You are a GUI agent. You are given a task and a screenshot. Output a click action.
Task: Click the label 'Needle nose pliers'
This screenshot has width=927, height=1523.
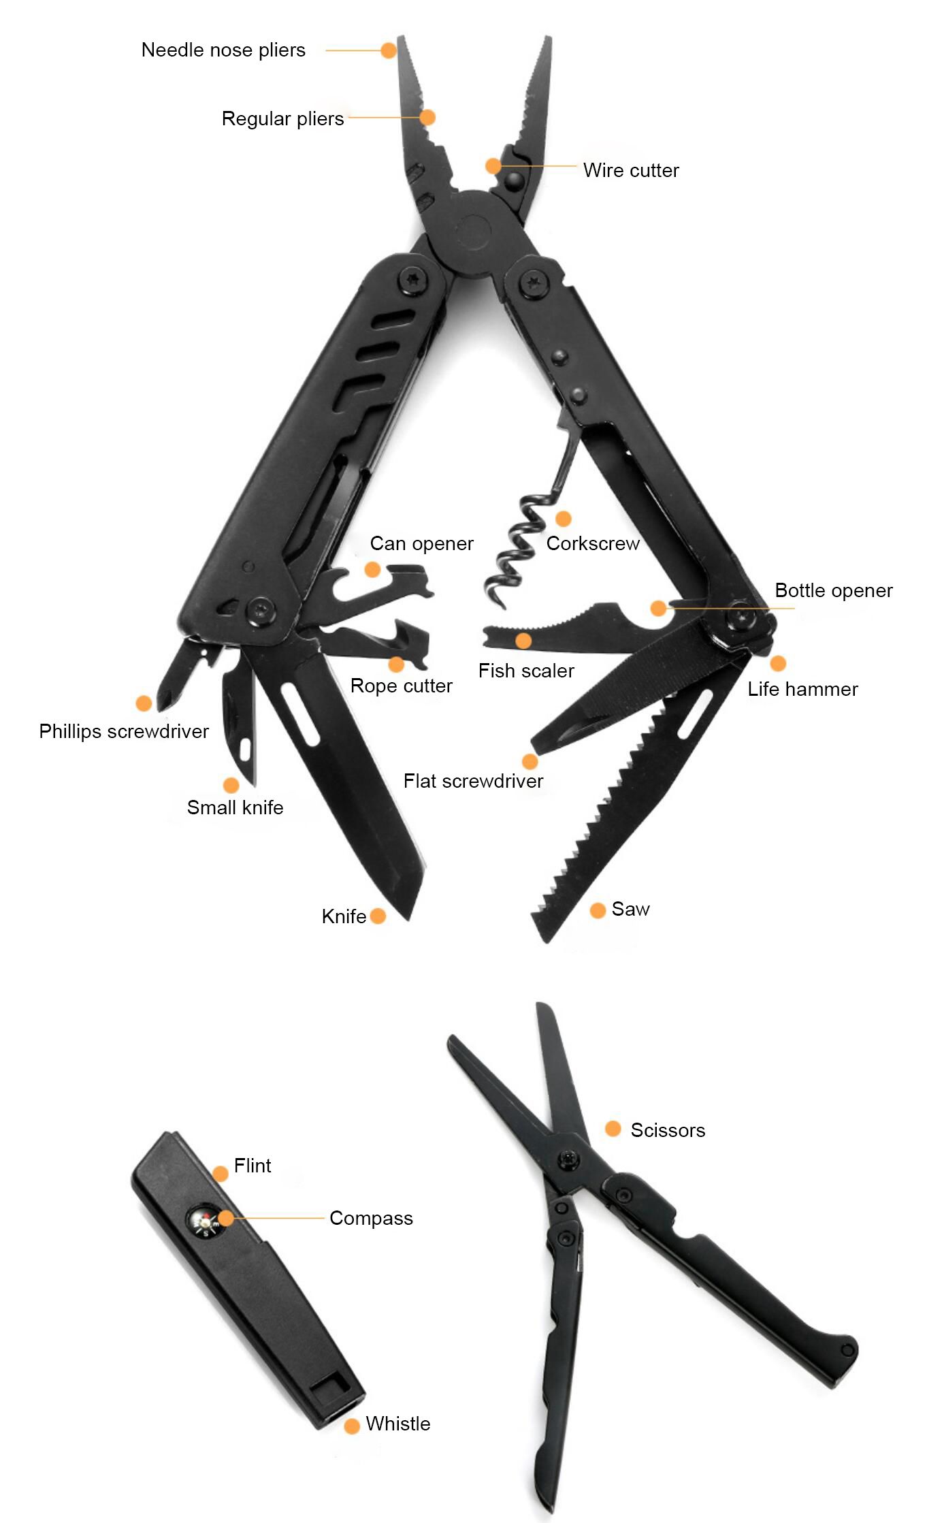click(x=223, y=50)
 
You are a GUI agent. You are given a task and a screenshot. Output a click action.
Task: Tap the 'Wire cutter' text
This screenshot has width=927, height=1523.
click(x=631, y=170)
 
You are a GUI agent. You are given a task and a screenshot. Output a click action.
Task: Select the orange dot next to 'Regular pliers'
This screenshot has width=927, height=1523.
click(x=427, y=118)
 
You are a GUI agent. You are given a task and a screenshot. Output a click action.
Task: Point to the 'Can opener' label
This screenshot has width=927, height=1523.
click(x=421, y=544)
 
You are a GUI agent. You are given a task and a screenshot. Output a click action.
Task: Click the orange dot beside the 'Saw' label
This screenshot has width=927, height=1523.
click(x=598, y=910)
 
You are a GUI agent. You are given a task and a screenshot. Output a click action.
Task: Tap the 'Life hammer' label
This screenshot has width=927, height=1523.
click(x=802, y=689)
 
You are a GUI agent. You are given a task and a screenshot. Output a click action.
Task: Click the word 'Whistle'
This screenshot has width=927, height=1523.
click(x=398, y=1424)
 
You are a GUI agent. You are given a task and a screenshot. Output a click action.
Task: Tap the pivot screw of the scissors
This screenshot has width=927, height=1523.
click(x=568, y=1158)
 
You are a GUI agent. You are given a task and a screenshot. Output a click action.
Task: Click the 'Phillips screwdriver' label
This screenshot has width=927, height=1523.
click(x=124, y=732)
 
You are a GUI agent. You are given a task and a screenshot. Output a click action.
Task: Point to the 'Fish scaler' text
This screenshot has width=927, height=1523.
click(x=526, y=671)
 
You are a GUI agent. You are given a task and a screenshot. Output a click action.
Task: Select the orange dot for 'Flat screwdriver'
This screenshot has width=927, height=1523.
click(x=530, y=762)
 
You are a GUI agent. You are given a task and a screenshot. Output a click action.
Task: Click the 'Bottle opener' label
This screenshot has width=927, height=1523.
click(x=834, y=591)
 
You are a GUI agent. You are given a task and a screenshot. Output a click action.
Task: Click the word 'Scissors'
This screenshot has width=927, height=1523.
click(x=668, y=1130)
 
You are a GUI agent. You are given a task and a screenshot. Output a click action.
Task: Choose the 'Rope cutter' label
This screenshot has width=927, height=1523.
click(x=401, y=686)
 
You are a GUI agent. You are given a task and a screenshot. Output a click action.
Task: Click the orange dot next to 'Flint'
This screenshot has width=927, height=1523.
click(x=221, y=1173)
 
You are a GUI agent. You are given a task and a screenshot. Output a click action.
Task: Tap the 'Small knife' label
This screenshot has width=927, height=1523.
click(x=235, y=808)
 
